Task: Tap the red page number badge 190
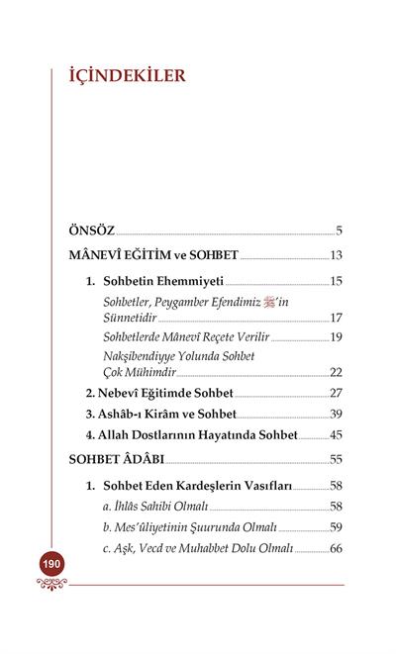pyautogui.click(x=51, y=564)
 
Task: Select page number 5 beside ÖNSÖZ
pyautogui.click(x=339, y=232)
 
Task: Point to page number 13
pyautogui.click(x=336, y=255)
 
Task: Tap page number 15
pyautogui.click(x=336, y=282)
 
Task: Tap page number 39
pyautogui.click(x=336, y=413)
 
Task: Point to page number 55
pyautogui.click(x=336, y=460)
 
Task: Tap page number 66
pyautogui.click(x=336, y=548)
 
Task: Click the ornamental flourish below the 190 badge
pyautogui.click(x=51, y=584)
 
